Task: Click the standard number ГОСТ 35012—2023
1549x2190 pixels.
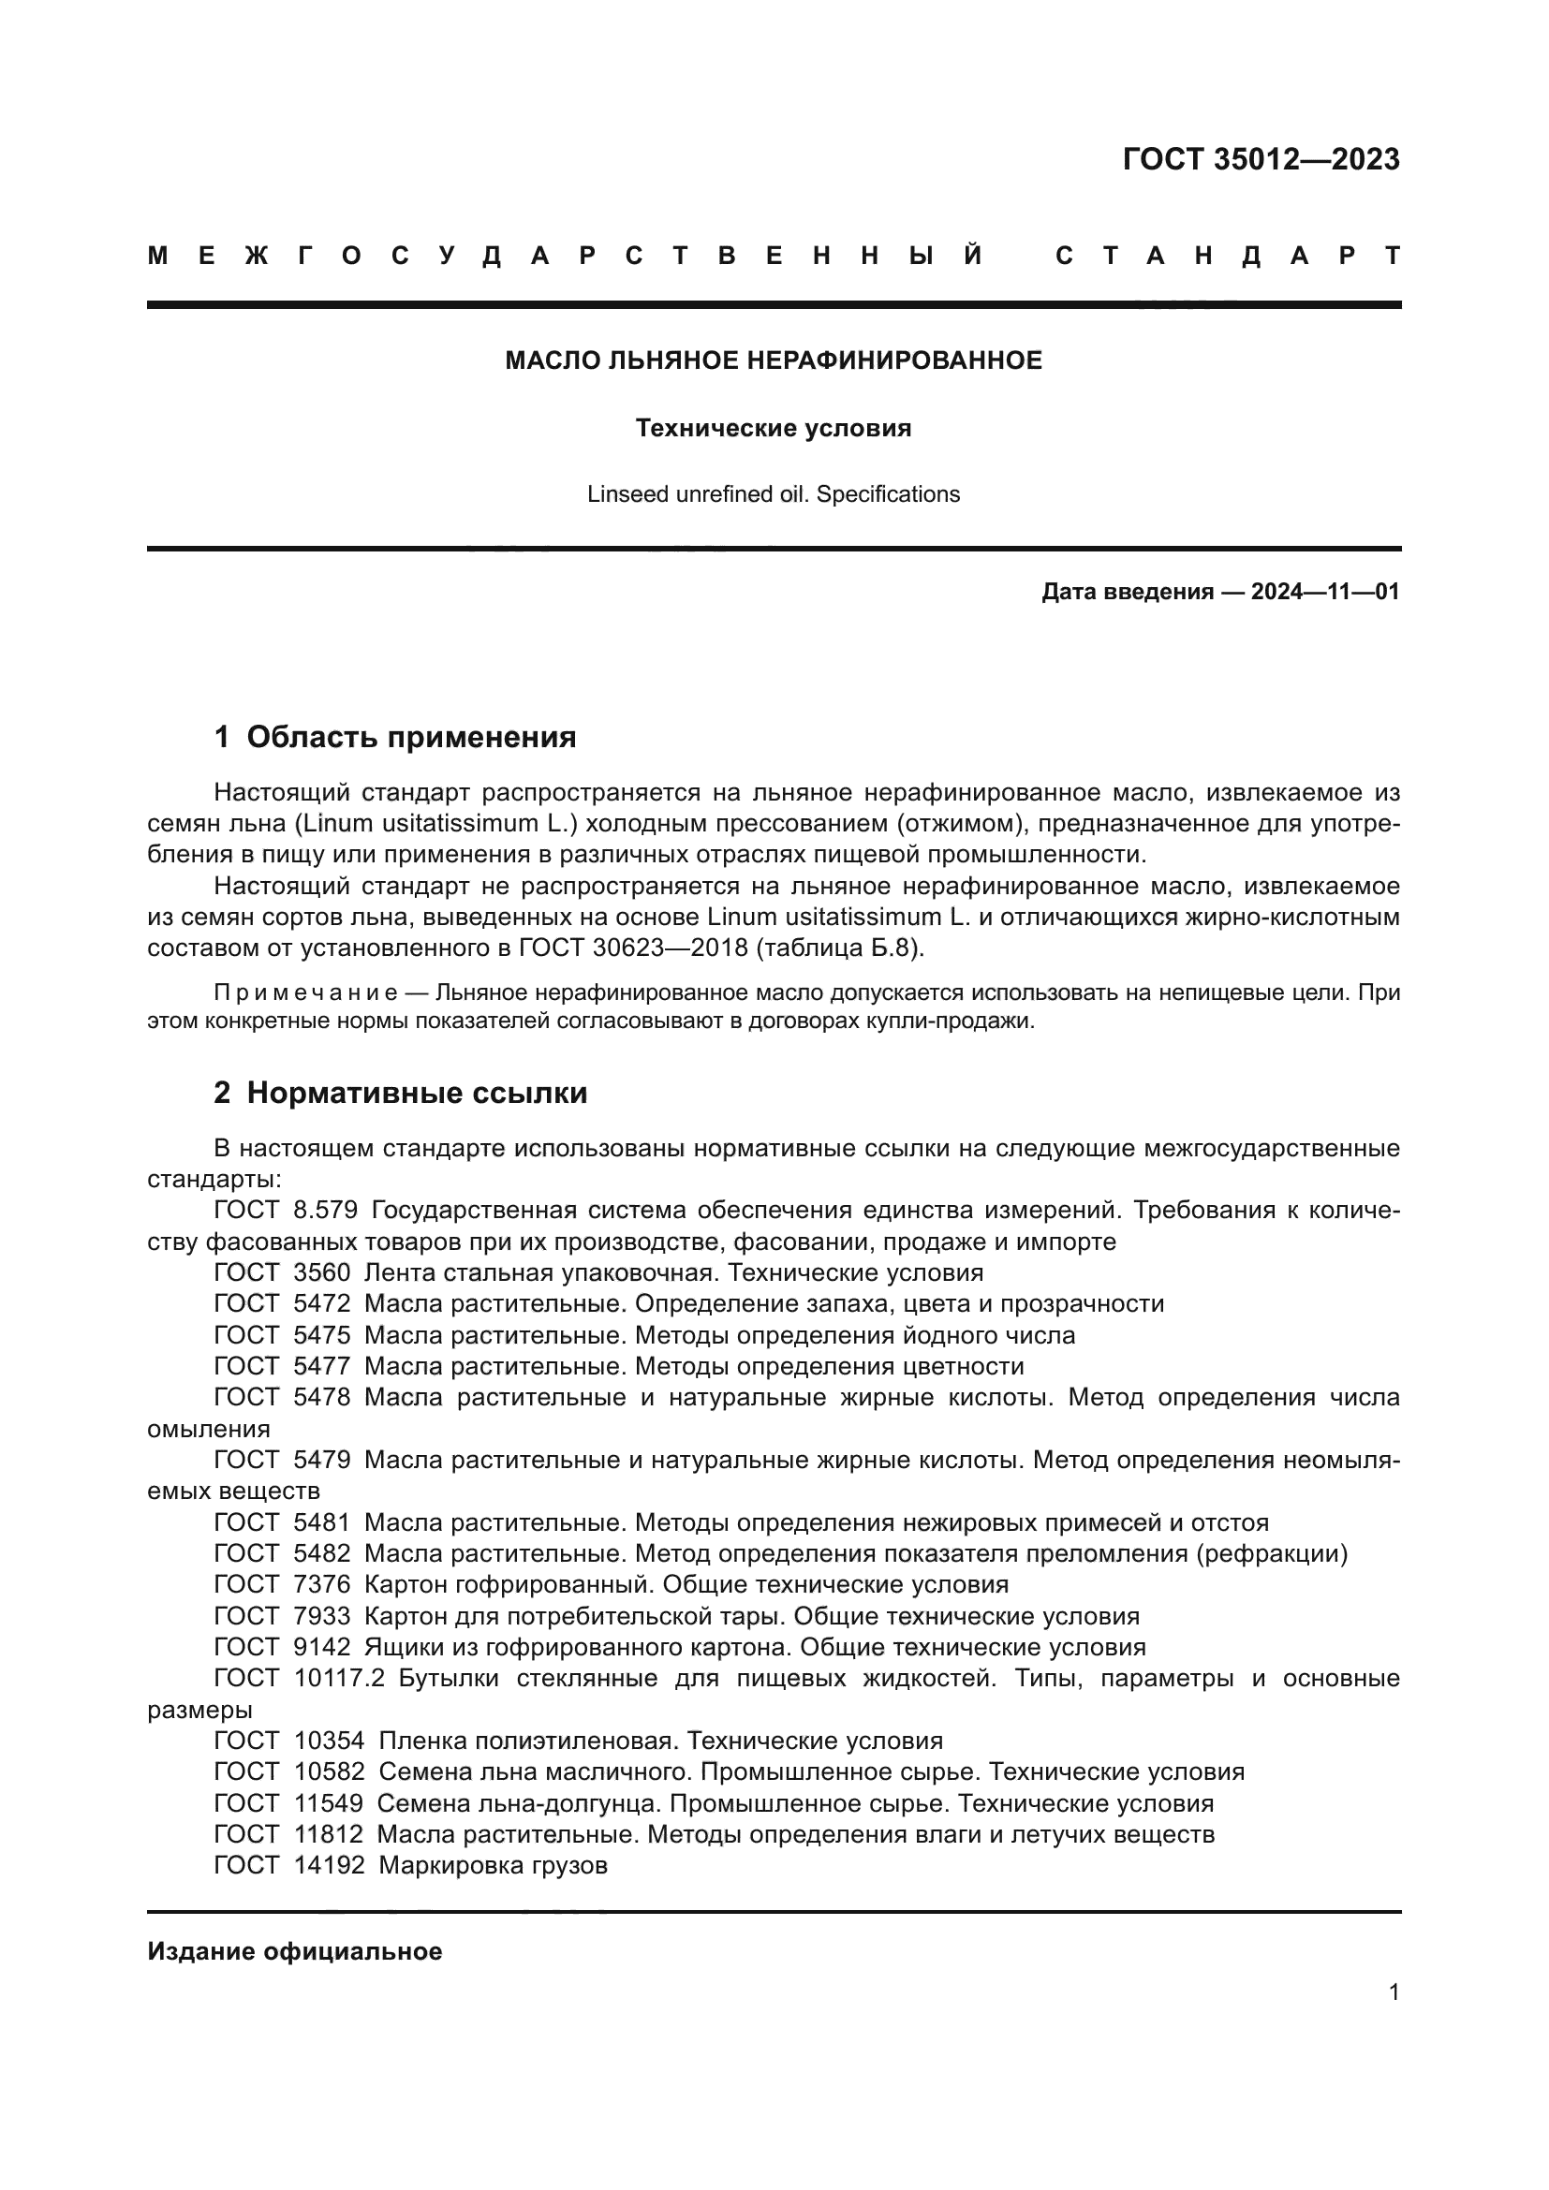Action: click(1260, 159)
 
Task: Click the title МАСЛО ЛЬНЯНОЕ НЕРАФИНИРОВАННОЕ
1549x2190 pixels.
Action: click(774, 360)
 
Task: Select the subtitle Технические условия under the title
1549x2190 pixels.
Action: click(774, 428)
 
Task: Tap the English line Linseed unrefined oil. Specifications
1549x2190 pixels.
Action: click(774, 494)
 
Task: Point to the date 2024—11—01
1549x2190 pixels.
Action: click(1325, 592)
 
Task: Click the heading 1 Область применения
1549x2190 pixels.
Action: click(395, 736)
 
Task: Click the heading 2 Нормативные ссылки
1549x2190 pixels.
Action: click(401, 1093)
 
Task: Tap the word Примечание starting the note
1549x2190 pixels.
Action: click(305, 992)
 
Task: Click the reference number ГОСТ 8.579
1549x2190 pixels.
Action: click(286, 1211)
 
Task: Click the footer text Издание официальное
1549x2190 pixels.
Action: click(294, 1951)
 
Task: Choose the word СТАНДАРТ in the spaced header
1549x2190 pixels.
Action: click(1228, 256)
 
